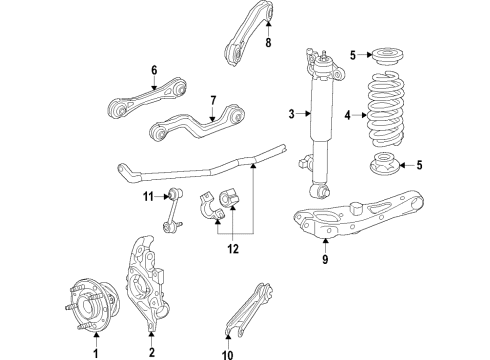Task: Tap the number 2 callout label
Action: coord(151,351)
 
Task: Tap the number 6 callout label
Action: coord(154,70)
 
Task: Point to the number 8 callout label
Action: coord(269,44)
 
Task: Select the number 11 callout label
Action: coord(147,197)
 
